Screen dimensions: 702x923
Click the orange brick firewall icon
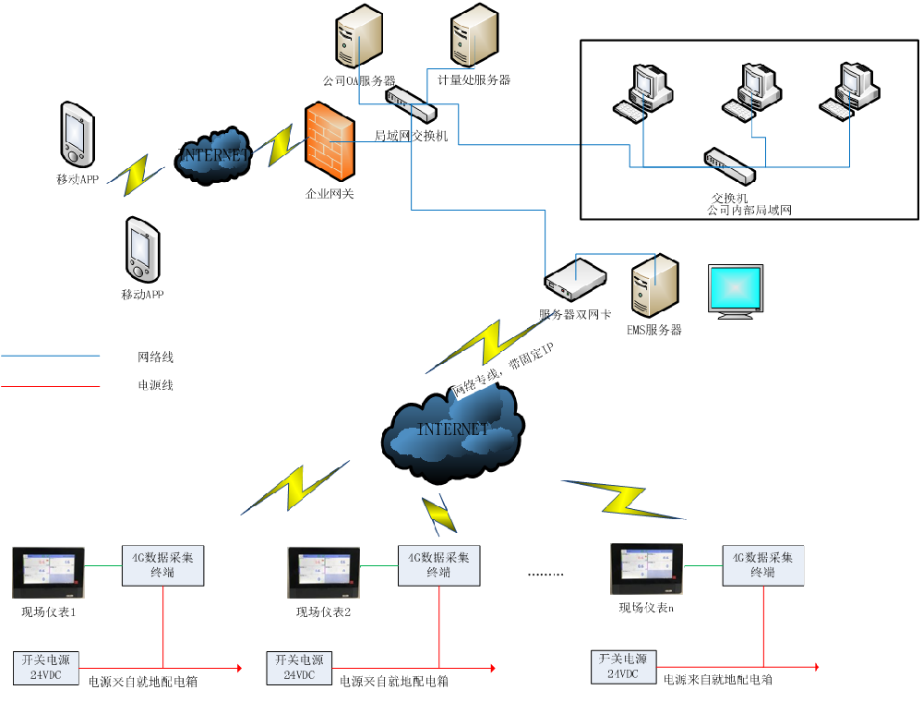(x=330, y=141)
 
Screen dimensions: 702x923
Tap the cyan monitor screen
(x=736, y=288)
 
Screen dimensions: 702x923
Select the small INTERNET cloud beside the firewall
(x=213, y=155)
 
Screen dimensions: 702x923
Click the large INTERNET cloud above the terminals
(x=452, y=430)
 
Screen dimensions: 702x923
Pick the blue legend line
(x=51, y=355)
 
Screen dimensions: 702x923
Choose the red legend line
(x=51, y=386)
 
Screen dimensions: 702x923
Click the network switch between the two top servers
(x=411, y=103)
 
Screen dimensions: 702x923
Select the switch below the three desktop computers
(x=729, y=165)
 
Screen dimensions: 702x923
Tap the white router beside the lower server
(x=575, y=279)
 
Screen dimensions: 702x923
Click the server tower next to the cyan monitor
(x=654, y=286)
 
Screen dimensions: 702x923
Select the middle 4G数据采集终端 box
(x=439, y=564)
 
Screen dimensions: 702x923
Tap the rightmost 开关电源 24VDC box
(x=623, y=666)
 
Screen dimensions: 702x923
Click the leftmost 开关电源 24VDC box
(x=45, y=668)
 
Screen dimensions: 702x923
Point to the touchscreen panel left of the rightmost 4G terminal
(x=646, y=568)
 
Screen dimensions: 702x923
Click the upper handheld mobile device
(x=78, y=135)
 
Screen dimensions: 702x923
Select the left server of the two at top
(x=358, y=37)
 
